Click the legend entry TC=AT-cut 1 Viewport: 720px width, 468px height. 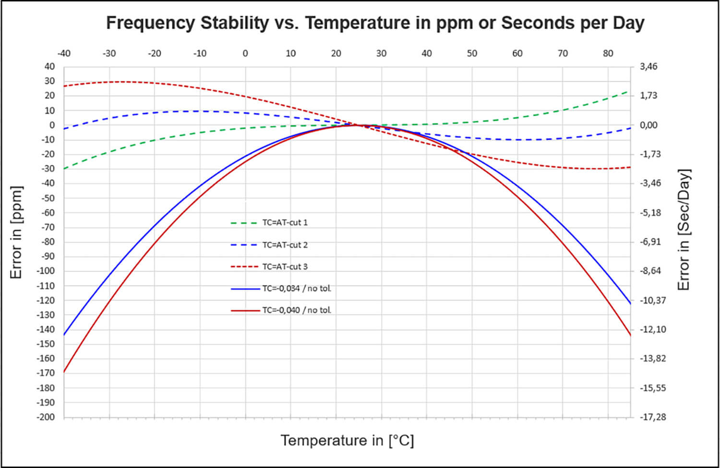[x=285, y=222]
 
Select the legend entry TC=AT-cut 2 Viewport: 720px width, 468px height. [x=285, y=245]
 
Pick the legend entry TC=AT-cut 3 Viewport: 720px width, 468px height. [x=285, y=266]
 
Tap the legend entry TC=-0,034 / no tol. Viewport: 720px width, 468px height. [x=296, y=288]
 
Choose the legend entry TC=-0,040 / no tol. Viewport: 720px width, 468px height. [x=296, y=310]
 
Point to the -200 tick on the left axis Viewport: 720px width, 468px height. [x=46, y=417]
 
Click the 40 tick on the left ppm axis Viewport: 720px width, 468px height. [x=49, y=66]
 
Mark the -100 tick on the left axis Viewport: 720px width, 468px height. [x=46, y=271]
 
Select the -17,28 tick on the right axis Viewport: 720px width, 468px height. [x=653, y=417]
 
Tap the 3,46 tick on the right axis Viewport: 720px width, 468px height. [x=648, y=66]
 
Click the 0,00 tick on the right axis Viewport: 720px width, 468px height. [x=648, y=125]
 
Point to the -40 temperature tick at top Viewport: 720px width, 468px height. [x=64, y=53]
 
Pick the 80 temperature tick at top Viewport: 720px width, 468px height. [x=608, y=53]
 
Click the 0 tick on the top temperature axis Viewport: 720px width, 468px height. [x=245, y=53]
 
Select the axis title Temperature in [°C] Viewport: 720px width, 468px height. [x=347, y=440]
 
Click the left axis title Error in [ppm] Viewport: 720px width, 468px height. [x=16, y=232]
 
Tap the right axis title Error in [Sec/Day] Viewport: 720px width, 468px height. [x=684, y=229]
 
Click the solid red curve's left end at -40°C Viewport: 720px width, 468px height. [x=64, y=371]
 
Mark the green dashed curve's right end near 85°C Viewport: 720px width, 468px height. [x=627, y=91]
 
